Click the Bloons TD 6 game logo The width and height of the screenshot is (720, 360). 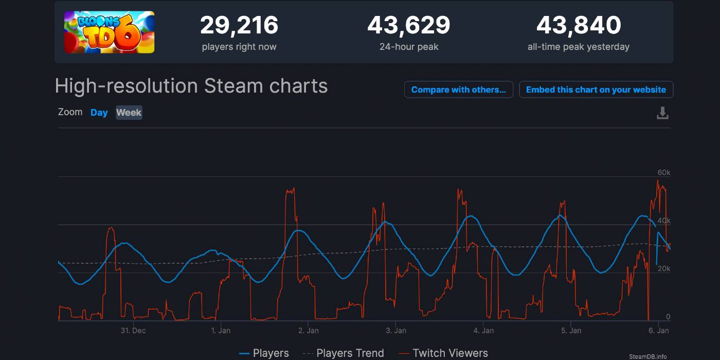click(109, 32)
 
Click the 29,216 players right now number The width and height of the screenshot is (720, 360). click(239, 25)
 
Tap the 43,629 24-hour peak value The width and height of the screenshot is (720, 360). click(409, 25)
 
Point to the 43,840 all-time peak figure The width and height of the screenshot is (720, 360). click(579, 25)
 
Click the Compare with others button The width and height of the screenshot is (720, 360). click(458, 89)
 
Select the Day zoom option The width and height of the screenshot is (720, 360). click(99, 113)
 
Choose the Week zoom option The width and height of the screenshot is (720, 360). click(129, 113)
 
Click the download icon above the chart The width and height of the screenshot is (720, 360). click(662, 113)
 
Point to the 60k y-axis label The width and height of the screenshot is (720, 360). click(664, 173)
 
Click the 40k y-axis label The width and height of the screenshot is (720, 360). click(664, 221)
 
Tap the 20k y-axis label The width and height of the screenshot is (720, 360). click(664, 268)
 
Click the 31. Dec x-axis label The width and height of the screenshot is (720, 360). click(133, 331)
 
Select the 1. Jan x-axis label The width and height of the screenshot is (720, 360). click(221, 331)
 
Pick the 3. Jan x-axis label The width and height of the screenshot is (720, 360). click(395, 331)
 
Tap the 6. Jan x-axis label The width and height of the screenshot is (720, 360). click(658, 331)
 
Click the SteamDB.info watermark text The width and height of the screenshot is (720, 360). click(647, 356)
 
